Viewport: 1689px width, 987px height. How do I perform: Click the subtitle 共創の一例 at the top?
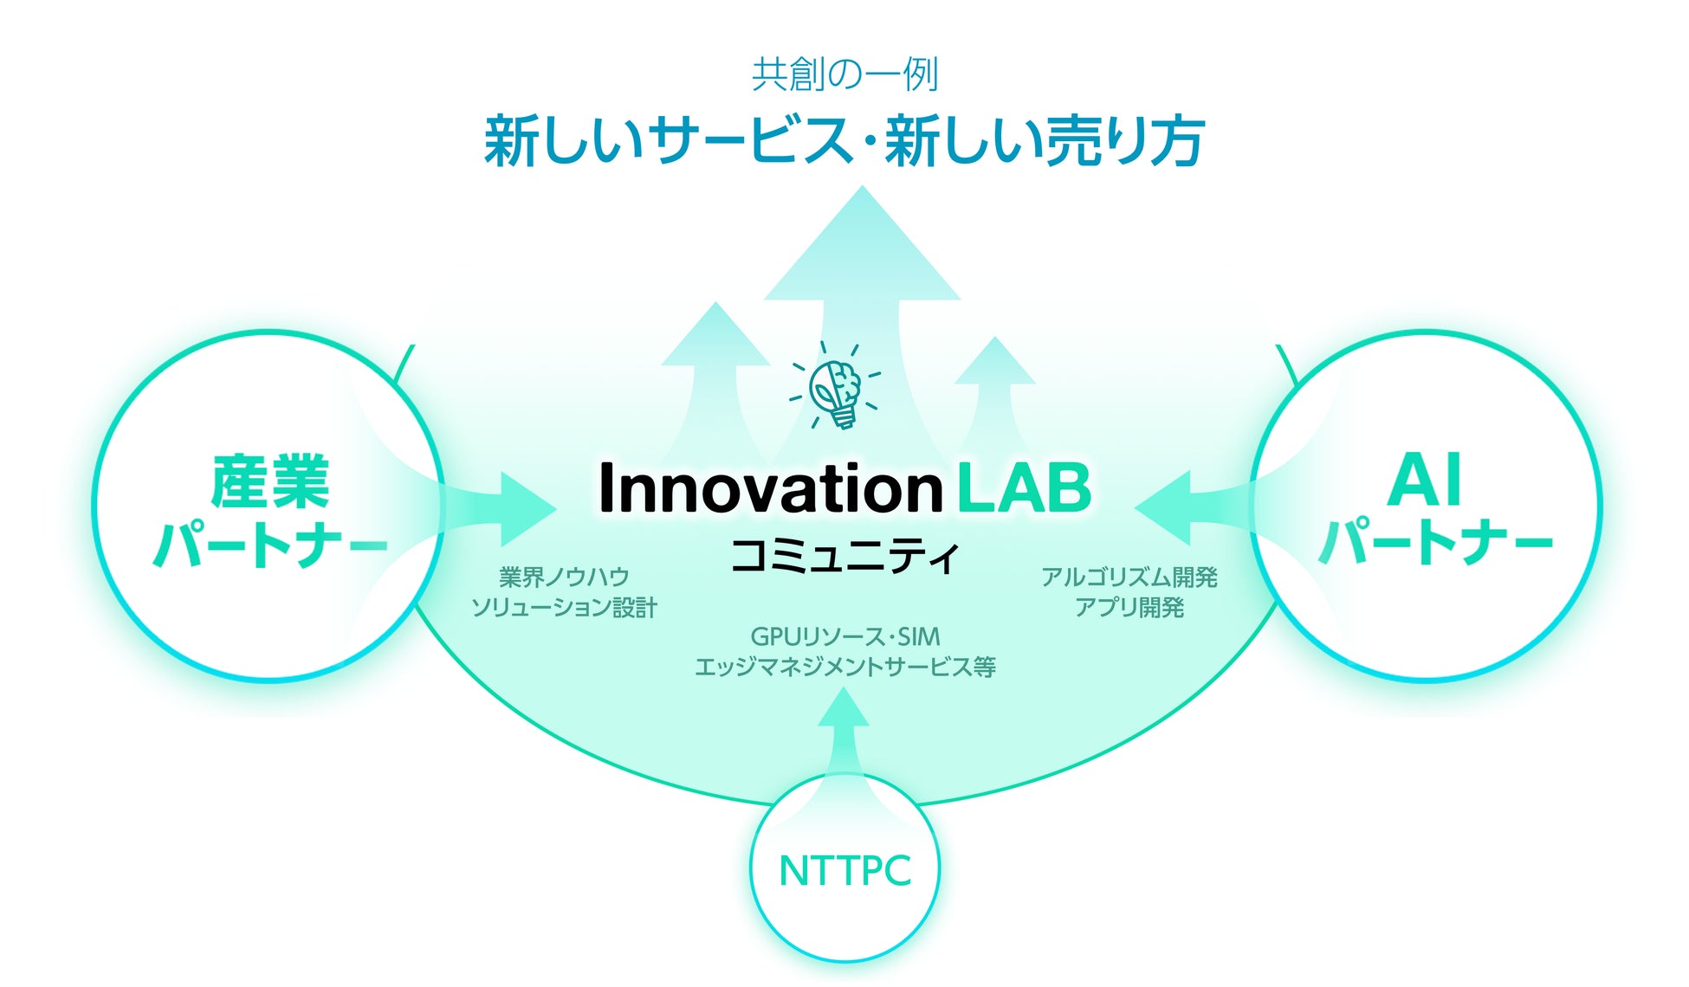[x=844, y=75]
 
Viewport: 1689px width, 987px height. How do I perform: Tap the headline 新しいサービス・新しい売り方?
[x=844, y=141]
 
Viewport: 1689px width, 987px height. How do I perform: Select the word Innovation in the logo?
[x=770, y=487]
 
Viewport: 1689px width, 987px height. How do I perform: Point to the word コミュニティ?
[x=844, y=556]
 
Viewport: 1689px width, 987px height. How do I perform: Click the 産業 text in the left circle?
[x=269, y=481]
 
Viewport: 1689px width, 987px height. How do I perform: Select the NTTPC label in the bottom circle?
[x=844, y=871]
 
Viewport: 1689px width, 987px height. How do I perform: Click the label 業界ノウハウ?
[x=564, y=577]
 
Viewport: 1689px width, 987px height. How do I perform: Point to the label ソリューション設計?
[x=564, y=608]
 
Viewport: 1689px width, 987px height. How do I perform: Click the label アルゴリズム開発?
[x=1129, y=577]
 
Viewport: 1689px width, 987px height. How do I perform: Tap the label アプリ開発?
[x=1129, y=608]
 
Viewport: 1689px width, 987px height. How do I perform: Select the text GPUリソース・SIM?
[x=844, y=637]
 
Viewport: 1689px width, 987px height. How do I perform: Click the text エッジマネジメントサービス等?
[x=844, y=667]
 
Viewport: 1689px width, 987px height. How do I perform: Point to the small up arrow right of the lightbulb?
[x=994, y=390]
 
